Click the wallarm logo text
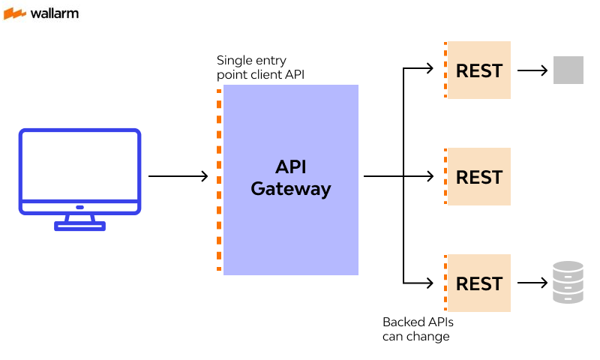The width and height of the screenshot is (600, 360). click(x=54, y=13)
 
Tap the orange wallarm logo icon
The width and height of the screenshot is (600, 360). click(x=15, y=13)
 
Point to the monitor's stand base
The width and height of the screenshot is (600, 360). click(x=79, y=226)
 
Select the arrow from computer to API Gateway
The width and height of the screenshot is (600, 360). click(x=178, y=176)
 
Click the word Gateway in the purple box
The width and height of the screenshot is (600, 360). click(x=291, y=189)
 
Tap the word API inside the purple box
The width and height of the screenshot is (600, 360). click(x=291, y=166)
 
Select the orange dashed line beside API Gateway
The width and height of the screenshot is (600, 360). click(x=219, y=180)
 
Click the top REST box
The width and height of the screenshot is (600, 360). click(x=479, y=70)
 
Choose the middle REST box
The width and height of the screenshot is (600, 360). click(x=479, y=177)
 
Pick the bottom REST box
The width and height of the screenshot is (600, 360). click(x=479, y=283)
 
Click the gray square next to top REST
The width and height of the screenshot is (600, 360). click(x=568, y=70)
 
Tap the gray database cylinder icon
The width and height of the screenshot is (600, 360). click(x=568, y=283)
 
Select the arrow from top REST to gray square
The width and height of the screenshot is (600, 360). click(x=532, y=70)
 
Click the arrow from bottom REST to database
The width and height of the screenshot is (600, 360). click(x=532, y=283)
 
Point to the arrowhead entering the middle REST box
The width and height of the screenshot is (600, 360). click(x=430, y=177)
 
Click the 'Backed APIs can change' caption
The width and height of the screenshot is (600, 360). click(x=418, y=329)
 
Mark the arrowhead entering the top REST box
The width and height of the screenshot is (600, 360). click(x=430, y=68)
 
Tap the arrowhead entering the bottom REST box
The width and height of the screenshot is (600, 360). click(x=430, y=283)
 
